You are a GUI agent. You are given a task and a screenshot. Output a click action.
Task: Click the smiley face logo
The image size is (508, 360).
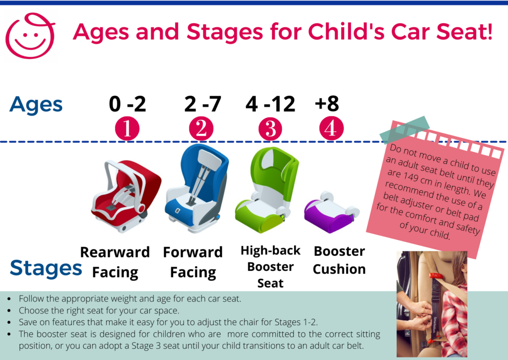coord(30,36)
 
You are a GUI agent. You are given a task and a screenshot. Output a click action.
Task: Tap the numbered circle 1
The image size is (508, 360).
coord(127,129)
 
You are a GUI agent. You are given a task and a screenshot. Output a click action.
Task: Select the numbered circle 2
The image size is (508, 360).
coord(201,129)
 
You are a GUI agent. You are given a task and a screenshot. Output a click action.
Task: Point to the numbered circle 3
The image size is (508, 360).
coord(270,129)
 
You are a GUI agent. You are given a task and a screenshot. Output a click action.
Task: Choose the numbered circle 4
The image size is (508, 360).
coord(331,128)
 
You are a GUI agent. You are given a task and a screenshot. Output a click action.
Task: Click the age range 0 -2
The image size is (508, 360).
coord(127,104)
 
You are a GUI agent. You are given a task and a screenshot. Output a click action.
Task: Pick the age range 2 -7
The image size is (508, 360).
coord(202,104)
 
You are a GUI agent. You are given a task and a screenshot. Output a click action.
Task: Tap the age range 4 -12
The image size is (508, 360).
coord(270,104)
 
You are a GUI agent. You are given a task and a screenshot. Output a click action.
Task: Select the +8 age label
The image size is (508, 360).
coord(327,104)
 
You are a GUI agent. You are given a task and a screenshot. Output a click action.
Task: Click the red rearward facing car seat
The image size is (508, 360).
coord(126,195)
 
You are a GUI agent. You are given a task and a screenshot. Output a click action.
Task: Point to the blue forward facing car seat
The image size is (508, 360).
coord(196,188)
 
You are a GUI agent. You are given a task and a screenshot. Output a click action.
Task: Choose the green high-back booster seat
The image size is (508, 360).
coord(266,190)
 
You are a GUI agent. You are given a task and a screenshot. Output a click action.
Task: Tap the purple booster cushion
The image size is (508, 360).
coord(331,212)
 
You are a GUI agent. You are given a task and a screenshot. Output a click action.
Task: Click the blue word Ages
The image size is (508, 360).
coord(36,105)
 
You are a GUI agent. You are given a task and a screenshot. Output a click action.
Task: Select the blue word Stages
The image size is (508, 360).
coord(46,268)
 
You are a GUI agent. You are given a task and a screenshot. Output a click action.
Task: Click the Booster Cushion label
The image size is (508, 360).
coord(339,260)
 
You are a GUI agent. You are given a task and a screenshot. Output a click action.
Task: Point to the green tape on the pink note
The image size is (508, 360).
coord(405,129)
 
